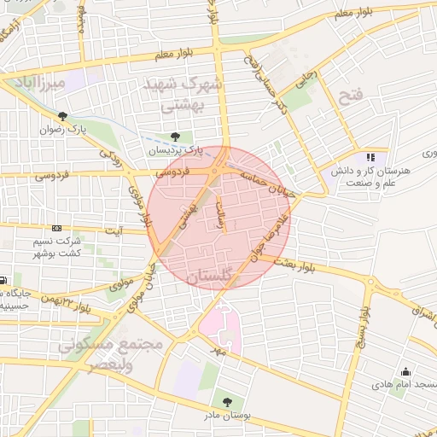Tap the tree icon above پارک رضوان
click(61, 116)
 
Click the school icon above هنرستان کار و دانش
click(370, 157)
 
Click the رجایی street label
click(305, 82)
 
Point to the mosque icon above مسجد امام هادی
click(405, 371)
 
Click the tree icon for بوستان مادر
click(227, 400)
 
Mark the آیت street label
click(114, 230)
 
